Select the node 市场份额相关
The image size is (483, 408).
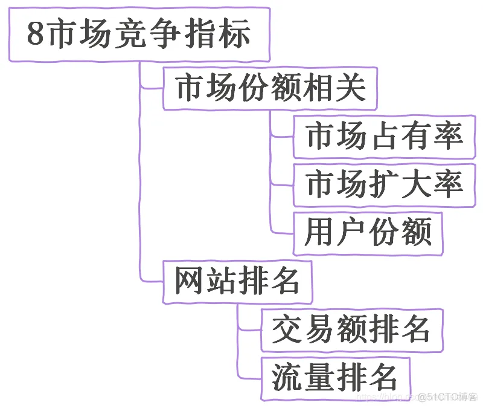(270, 89)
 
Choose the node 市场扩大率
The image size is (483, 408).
(384, 184)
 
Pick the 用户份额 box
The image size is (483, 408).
(368, 233)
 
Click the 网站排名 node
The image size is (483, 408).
(237, 282)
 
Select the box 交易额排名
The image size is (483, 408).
(351, 330)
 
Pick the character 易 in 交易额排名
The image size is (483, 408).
(320, 330)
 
